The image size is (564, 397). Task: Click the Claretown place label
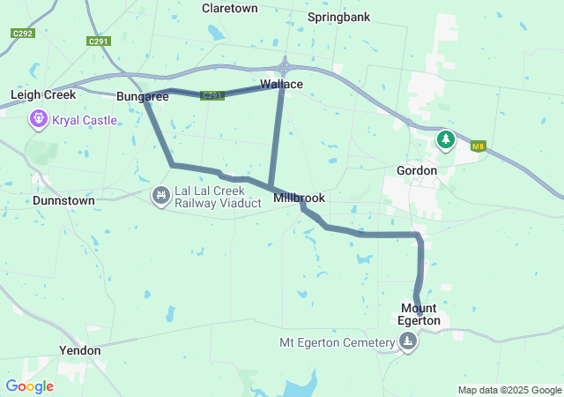coord(229,8)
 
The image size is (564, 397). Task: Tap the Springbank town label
coord(338,17)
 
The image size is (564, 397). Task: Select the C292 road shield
coord(24,34)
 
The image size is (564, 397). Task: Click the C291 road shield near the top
coord(99,41)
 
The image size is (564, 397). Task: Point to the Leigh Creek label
coord(42,94)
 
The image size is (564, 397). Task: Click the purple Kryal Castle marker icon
coord(39,118)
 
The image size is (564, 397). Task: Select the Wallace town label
coord(281,85)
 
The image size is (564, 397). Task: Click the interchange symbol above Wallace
coord(285,66)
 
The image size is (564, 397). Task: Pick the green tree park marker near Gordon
coord(447,139)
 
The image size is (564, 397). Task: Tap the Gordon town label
coord(417,170)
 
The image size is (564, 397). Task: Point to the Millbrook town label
coord(299,198)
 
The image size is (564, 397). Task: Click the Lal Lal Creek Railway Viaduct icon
coord(160,195)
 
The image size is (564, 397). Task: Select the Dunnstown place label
coord(63,200)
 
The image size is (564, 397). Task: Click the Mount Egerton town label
coord(419,314)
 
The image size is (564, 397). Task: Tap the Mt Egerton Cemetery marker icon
coord(407,343)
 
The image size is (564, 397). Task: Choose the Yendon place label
coord(79,350)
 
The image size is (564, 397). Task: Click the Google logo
coord(29,386)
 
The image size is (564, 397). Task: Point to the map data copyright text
coord(509,390)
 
